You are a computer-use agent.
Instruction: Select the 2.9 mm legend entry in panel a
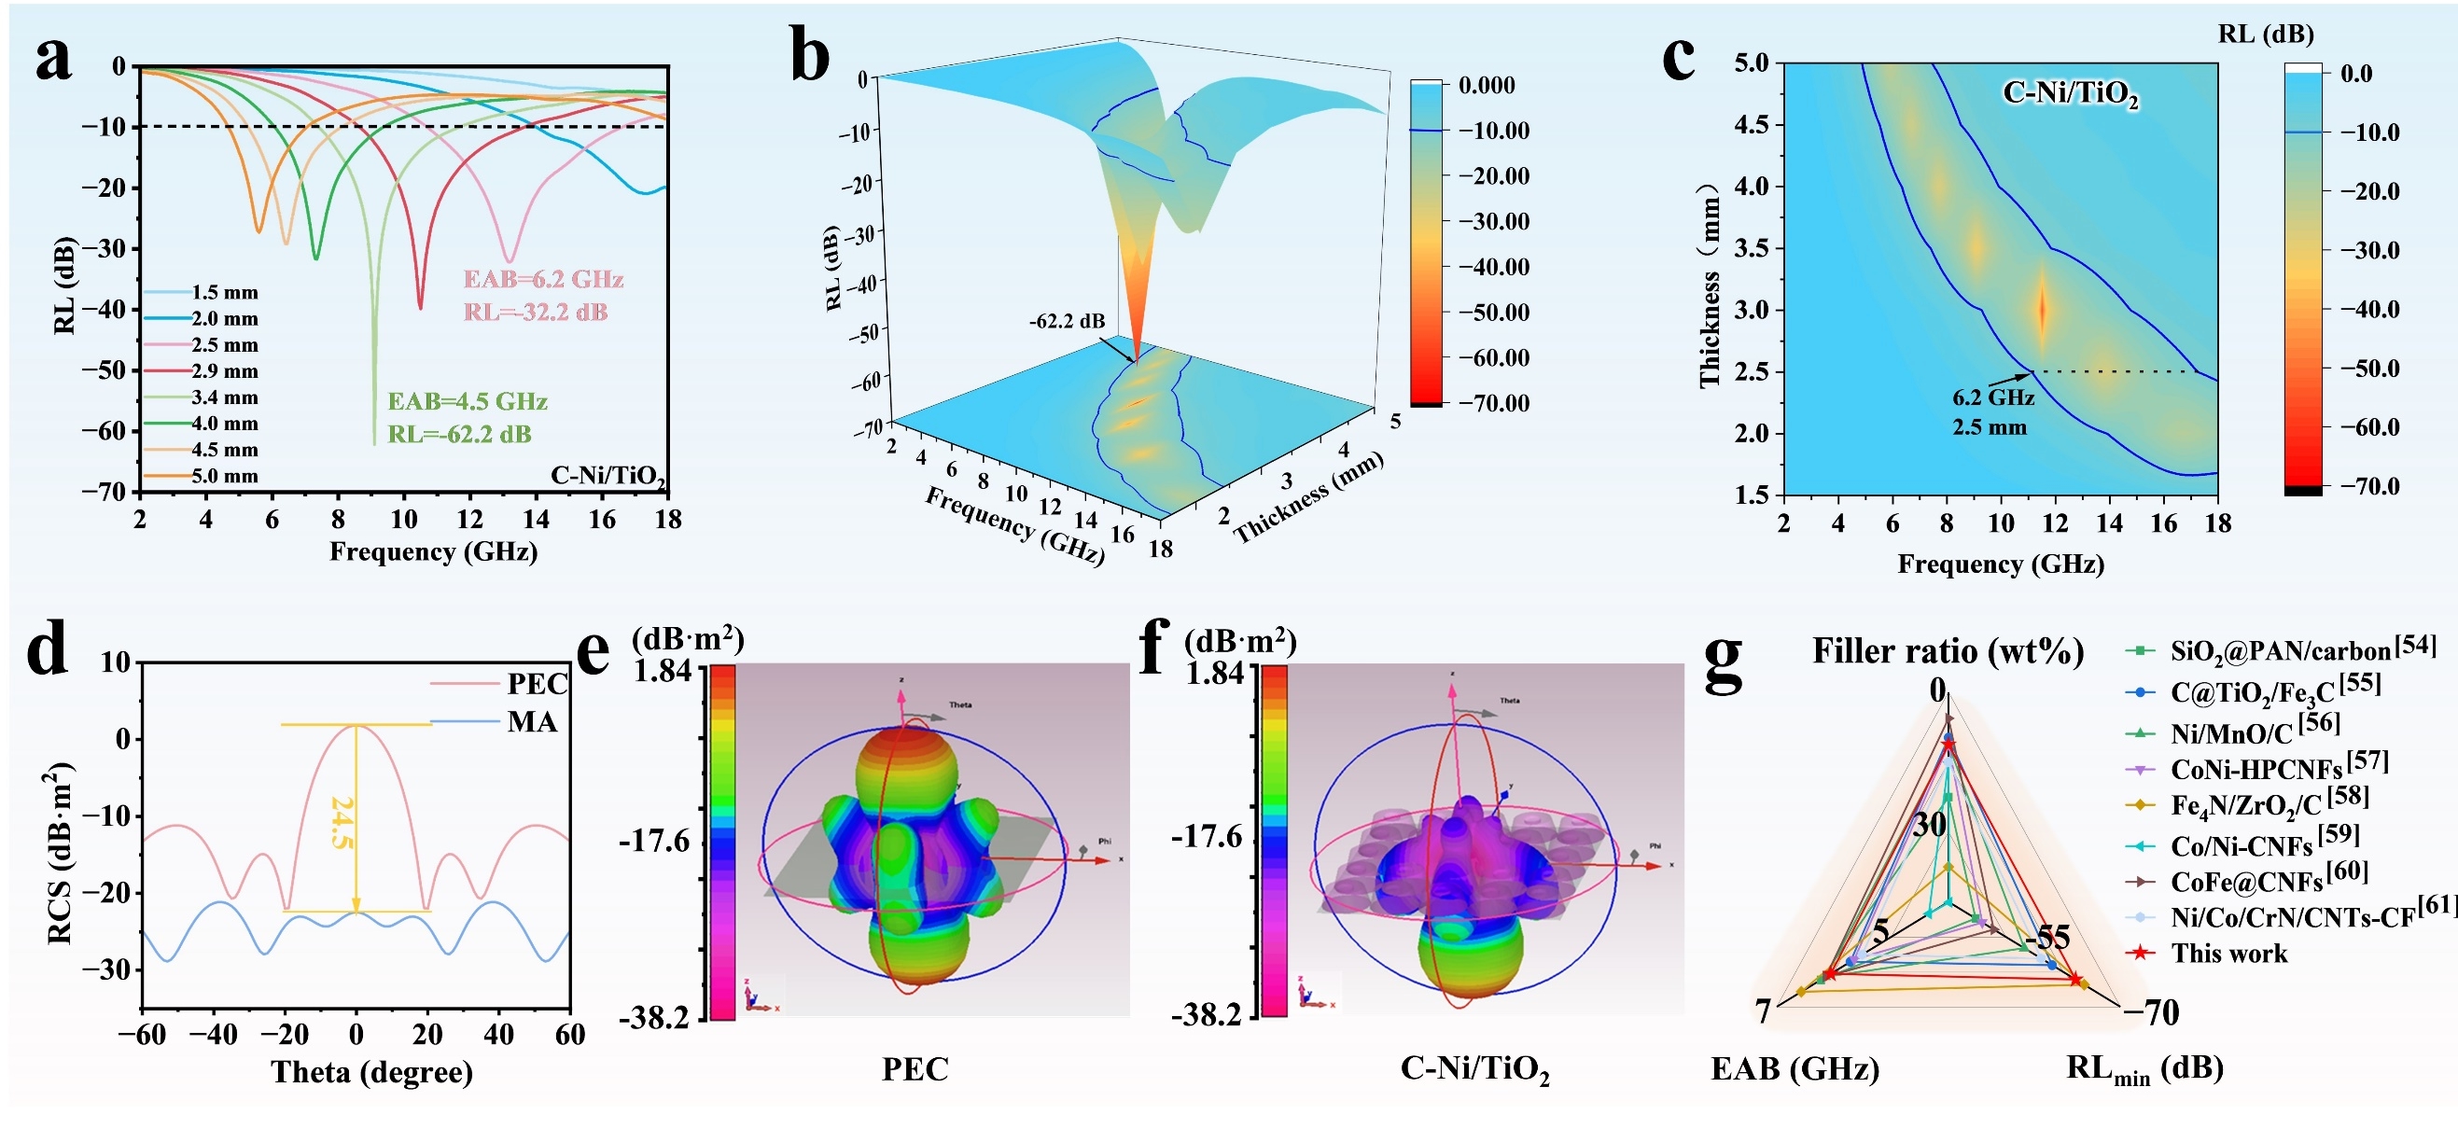click(x=224, y=371)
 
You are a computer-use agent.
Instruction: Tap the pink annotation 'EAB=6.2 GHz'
click(x=543, y=280)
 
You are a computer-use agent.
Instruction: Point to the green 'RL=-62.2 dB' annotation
click(x=459, y=435)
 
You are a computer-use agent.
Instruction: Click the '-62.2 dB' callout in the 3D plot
click(x=1066, y=322)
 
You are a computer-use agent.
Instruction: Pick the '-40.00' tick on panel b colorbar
click(x=1494, y=267)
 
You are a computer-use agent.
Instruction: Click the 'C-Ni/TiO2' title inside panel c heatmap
click(x=2070, y=93)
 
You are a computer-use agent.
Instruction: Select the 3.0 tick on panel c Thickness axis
click(x=1751, y=310)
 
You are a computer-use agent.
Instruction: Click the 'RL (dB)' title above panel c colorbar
click(x=2265, y=35)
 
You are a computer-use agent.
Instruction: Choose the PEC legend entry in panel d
click(x=537, y=684)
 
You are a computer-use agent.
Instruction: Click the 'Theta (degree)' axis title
click(x=372, y=1072)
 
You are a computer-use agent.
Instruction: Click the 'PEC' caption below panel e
click(x=915, y=1069)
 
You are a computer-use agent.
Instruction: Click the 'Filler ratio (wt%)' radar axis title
click(x=1947, y=652)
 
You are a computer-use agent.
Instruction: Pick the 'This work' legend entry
click(x=2228, y=954)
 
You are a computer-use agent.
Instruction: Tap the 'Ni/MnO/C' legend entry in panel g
click(x=2231, y=733)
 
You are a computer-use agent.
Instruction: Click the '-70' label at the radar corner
click(x=2153, y=1011)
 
